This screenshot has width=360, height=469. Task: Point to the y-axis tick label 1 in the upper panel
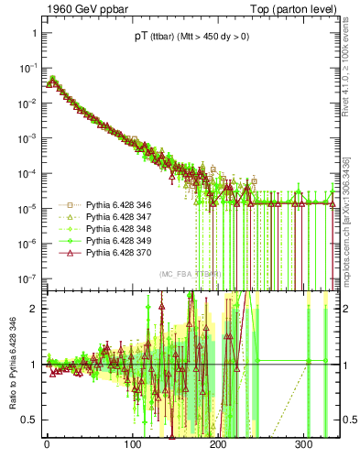pos(32,33)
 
